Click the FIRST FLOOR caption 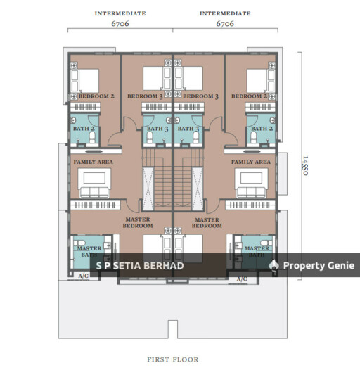tap(173, 359)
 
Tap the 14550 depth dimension tap(305, 165)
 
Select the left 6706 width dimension tap(120, 24)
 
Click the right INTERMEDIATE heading tap(225, 13)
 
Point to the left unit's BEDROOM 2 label tap(96, 96)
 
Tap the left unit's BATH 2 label tap(84, 129)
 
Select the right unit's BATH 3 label tap(188, 129)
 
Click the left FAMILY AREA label tap(94, 162)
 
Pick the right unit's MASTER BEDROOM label tap(207, 223)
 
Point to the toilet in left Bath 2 tap(92, 137)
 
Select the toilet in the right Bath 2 tap(254, 137)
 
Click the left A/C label tap(84, 276)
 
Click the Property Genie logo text tap(319, 266)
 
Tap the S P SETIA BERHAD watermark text tap(140, 266)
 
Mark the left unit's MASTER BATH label tap(89, 252)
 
